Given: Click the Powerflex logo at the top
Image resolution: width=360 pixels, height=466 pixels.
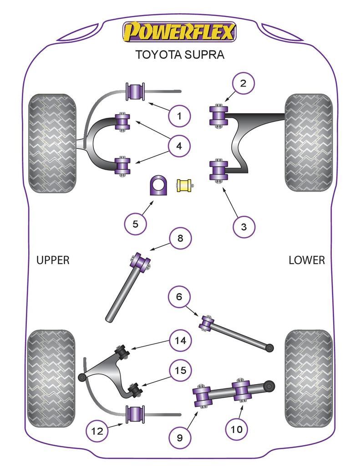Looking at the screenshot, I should coord(179,31).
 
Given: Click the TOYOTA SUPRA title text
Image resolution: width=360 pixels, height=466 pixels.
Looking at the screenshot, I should coord(180,55).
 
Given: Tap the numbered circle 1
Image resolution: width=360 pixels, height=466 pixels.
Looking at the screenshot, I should coord(179,116).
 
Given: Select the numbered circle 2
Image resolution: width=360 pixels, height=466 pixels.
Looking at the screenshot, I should coord(243,83).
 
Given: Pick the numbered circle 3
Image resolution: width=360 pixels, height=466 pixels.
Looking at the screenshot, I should coord(243,226).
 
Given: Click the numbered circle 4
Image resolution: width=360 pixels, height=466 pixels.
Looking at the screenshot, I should coord(179,146).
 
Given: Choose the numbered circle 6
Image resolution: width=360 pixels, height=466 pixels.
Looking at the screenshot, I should coord(179,297).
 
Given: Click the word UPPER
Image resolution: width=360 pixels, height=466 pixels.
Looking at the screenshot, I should coord(53,260).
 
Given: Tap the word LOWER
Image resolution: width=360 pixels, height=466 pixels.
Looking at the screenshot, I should coord(307,260).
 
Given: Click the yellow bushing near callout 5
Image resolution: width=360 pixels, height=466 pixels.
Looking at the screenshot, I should coord(184,186).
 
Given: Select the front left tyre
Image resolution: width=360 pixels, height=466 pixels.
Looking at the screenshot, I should coord(52,143).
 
